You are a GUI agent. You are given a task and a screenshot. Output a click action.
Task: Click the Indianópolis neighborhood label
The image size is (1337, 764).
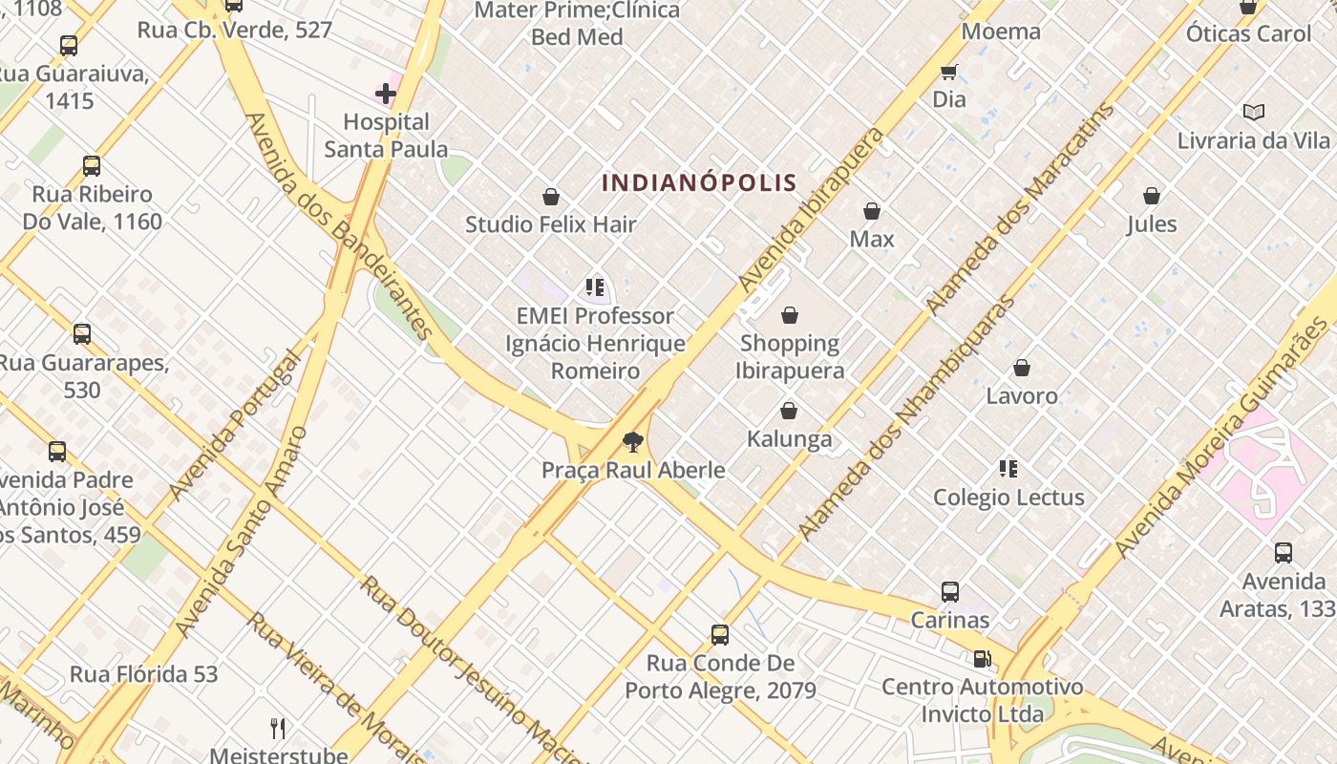[x=700, y=182]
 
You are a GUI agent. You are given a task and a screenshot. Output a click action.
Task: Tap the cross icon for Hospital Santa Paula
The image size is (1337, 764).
[x=386, y=94]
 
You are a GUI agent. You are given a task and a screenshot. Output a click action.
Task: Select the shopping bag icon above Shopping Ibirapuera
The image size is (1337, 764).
[x=790, y=315]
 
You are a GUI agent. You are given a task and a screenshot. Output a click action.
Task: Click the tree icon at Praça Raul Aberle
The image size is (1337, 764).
[x=632, y=442]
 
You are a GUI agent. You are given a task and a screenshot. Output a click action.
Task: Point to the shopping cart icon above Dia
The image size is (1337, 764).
[x=949, y=73]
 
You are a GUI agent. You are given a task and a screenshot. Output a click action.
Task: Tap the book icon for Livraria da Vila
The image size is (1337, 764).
[x=1254, y=113]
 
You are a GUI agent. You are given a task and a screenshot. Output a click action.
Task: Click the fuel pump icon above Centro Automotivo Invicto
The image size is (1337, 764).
[x=982, y=659]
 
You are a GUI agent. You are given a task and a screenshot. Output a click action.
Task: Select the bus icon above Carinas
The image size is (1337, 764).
[x=950, y=592]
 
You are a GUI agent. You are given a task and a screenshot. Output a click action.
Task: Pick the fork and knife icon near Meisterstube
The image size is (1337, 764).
[x=278, y=729]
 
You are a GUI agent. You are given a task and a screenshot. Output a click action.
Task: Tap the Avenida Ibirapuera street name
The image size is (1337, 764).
[x=812, y=210]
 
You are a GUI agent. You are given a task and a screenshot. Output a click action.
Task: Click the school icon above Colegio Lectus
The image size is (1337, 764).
[x=1008, y=469]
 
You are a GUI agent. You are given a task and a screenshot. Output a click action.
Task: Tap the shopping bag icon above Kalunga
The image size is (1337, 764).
[x=789, y=412]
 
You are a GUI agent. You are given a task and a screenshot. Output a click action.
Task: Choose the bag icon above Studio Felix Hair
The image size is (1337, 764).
[x=551, y=198]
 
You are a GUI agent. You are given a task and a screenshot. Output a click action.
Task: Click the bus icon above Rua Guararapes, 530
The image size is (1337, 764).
[x=82, y=334]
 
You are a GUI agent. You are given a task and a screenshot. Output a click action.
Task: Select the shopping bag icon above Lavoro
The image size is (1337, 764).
[x=1022, y=368]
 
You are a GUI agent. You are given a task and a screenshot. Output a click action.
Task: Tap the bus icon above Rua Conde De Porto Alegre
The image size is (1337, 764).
[x=720, y=635]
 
